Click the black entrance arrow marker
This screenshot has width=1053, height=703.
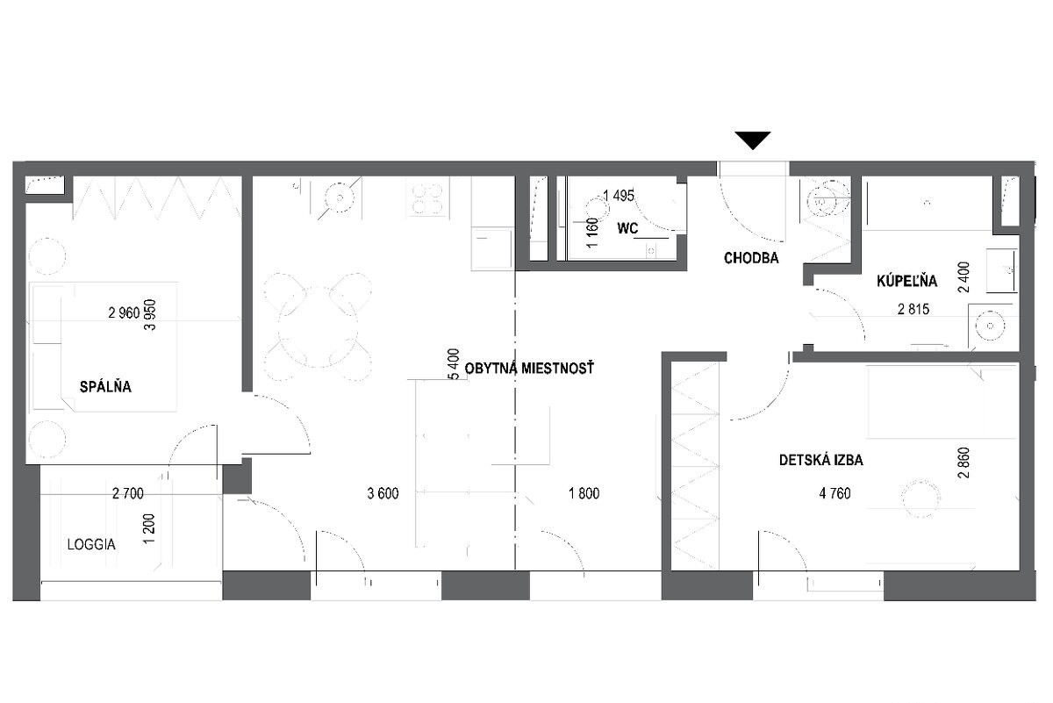pyautogui.click(x=753, y=140)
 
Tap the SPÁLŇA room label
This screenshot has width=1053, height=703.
pyautogui.click(x=105, y=386)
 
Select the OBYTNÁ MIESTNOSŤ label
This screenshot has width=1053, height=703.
pyautogui.click(x=529, y=368)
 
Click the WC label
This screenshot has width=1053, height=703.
pyautogui.click(x=627, y=228)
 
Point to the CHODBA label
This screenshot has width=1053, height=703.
pyautogui.click(x=751, y=258)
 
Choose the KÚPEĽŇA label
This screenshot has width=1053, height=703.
pyautogui.click(x=906, y=280)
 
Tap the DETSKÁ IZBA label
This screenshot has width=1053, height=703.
pyautogui.click(x=820, y=460)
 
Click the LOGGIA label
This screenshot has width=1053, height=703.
pyautogui.click(x=91, y=544)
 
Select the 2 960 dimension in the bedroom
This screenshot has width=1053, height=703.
pyautogui.click(x=124, y=312)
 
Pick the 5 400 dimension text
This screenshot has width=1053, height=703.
pyautogui.click(x=454, y=364)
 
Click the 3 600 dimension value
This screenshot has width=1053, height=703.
pyautogui.click(x=383, y=493)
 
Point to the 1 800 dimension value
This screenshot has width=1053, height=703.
pyautogui.click(x=584, y=493)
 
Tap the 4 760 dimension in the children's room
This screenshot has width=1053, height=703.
pyautogui.click(x=835, y=493)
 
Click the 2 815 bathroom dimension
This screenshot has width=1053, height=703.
pyautogui.click(x=913, y=309)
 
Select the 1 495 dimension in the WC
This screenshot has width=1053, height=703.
pyautogui.click(x=619, y=195)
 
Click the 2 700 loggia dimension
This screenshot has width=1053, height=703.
pyautogui.click(x=128, y=493)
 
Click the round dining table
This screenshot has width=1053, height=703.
pyautogui.click(x=318, y=326)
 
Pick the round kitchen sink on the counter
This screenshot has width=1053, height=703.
pyautogui.click(x=340, y=197)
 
